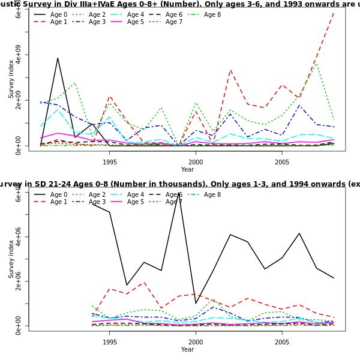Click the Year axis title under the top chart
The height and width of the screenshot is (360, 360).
coord(187,169)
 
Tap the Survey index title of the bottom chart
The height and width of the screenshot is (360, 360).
coord(11,259)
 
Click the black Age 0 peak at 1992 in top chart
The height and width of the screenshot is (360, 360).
coord(58,58)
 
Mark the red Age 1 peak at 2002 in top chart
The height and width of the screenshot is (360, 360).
coord(230,70)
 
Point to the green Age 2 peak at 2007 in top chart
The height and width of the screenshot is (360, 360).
coord(317,63)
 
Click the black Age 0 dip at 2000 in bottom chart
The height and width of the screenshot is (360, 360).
coord(196,303)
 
